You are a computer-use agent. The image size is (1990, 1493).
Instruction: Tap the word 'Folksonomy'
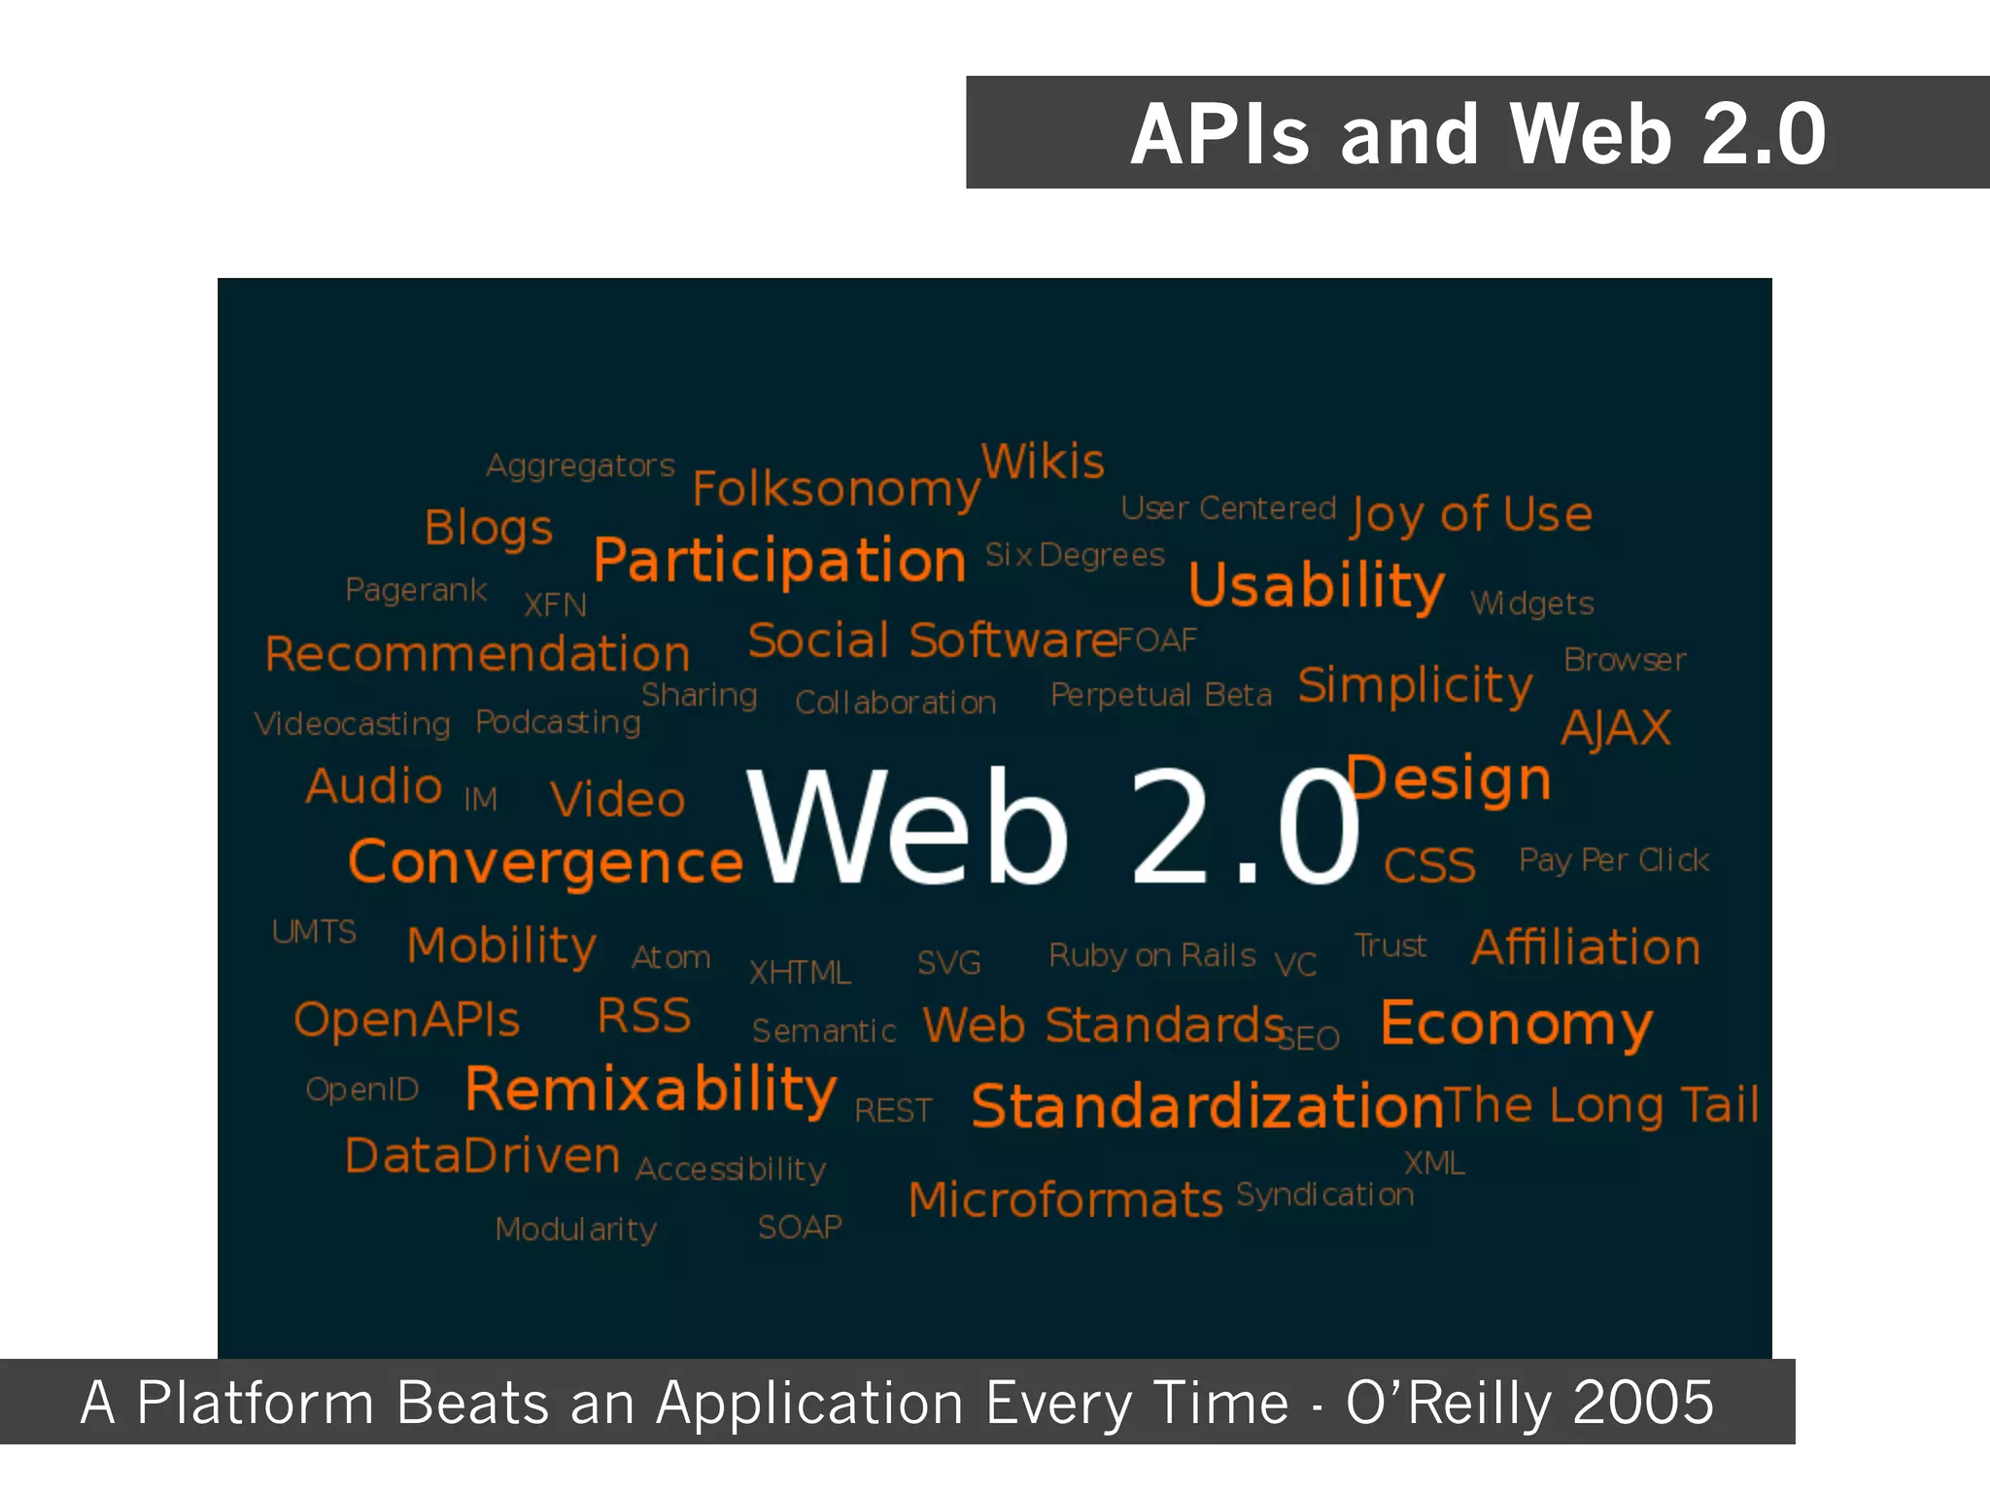click(x=836, y=488)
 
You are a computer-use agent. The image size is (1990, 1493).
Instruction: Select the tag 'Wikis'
click(x=1043, y=461)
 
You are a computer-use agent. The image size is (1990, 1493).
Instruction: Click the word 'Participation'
click(x=779, y=561)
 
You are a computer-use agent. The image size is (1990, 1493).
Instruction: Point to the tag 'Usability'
click(x=1317, y=585)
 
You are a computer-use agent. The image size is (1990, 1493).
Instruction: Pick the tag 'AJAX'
click(x=1616, y=727)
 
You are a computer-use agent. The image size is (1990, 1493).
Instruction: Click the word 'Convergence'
click(x=546, y=861)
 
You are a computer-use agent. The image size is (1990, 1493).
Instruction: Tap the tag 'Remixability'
click(x=650, y=1089)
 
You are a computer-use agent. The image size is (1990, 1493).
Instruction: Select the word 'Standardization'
click(x=1208, y=1106)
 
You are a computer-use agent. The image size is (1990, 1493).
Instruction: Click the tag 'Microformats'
click(x=1065, y=1199)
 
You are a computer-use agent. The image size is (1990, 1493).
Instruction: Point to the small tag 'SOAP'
click(x=800, y=1227)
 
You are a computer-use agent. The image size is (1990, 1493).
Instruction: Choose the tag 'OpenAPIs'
click(x=407, y=1020)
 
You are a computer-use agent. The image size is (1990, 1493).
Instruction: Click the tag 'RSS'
click(x=644, y=1016)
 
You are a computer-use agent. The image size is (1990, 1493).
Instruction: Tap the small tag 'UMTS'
click(x=314, y=931)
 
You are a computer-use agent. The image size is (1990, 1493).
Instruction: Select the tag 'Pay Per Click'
click(x=1614, y=860)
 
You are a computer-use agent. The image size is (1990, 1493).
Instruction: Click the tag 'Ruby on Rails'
click(x=1152, y=955)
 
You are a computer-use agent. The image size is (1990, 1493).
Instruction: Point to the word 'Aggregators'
click(x=580, y=466)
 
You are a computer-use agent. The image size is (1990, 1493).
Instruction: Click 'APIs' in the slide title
click(x=1220, y=134)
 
